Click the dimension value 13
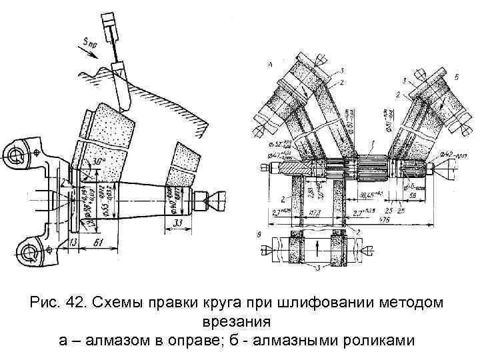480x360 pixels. point(73,240)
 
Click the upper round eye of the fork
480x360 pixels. point(15,155)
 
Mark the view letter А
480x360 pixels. point(269,64)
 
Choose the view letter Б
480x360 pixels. point(457,78)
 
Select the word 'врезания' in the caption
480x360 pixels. point(240,322)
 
